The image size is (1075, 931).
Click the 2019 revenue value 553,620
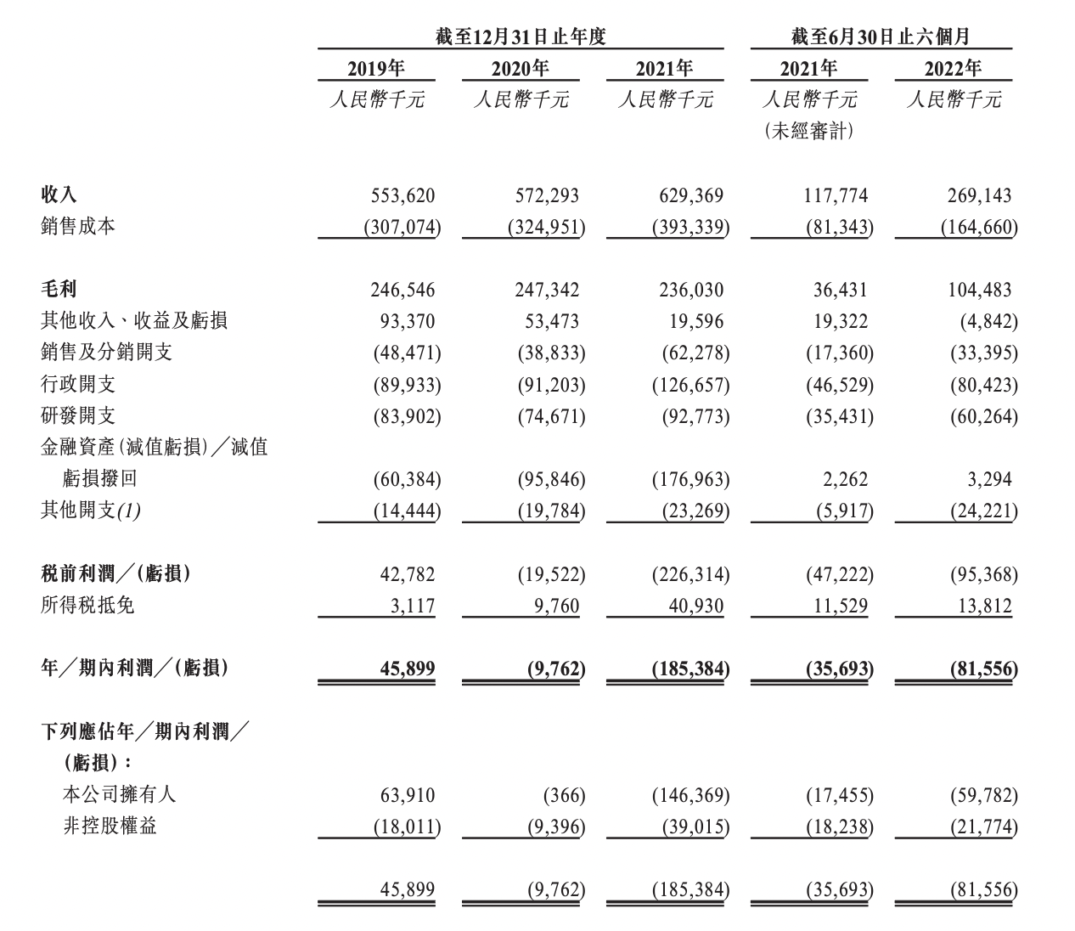(402, 195)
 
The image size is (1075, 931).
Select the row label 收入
(59, 195)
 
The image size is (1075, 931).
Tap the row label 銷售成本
(77, 226)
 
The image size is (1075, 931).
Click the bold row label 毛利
(59, 289)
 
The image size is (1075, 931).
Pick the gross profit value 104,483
(979, 290)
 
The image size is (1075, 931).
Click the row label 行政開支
(77, 384)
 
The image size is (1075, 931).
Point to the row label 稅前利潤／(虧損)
(115, 573)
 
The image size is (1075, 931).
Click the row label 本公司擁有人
(119, 794)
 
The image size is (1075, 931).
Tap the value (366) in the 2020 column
(564, 795)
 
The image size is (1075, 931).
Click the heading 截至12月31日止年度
(521, 37)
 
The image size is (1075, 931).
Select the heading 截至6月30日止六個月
(881, 37)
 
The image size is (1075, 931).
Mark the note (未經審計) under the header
(809, 131)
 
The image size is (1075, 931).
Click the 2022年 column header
(953, 69)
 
